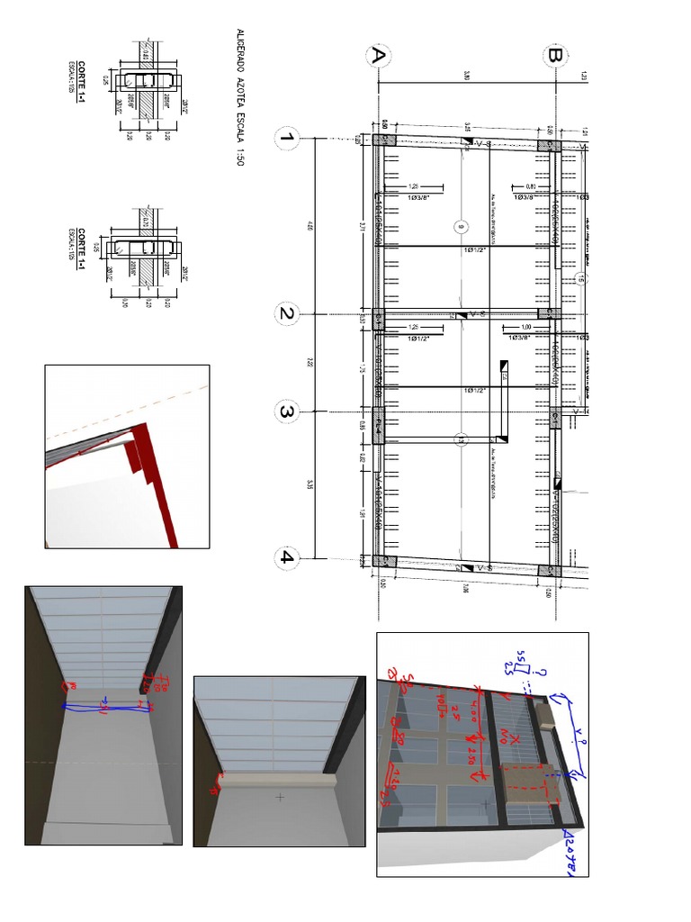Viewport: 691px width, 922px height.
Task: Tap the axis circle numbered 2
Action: pos(287,314)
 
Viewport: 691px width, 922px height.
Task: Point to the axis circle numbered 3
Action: pos(287,412)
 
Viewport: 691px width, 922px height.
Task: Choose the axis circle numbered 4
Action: pos(287,556)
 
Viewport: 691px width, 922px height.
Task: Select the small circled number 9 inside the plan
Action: pos(461,226)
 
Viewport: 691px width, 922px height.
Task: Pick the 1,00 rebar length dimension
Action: pos(521,328)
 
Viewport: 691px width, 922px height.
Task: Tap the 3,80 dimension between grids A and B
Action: pos(467,77)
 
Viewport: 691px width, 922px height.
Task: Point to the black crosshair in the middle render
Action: pos(280,797)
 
